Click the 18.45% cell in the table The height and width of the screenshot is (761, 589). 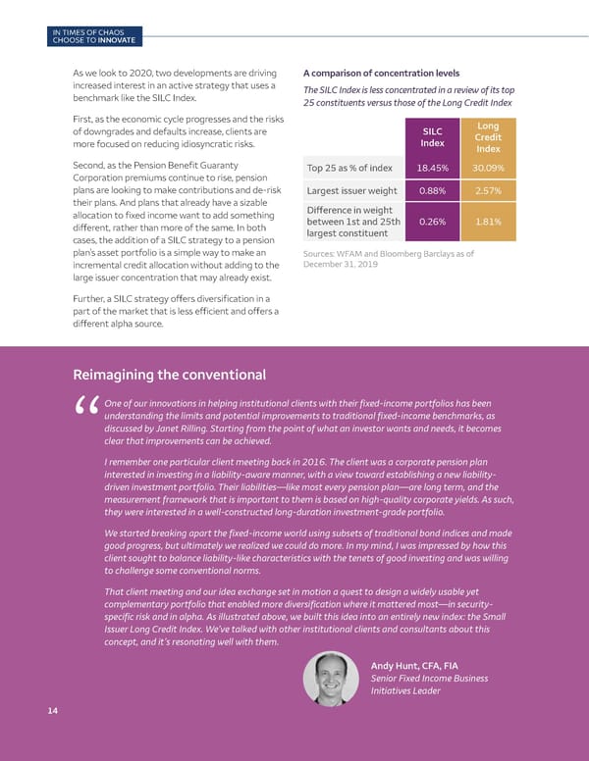(433, 168)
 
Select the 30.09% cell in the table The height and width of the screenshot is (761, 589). (488, 168)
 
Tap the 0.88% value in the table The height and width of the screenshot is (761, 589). (433, 191)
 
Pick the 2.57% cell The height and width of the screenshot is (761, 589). (488, 191)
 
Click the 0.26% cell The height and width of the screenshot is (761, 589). (433, 222)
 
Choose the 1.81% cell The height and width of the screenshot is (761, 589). (488, 222)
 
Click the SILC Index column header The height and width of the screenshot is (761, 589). (433, 137)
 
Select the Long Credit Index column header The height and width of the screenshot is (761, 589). (488, 137)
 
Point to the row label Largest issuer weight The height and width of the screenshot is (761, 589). (351, 191)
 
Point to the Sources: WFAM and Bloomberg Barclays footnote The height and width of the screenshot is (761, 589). (390, 259)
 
